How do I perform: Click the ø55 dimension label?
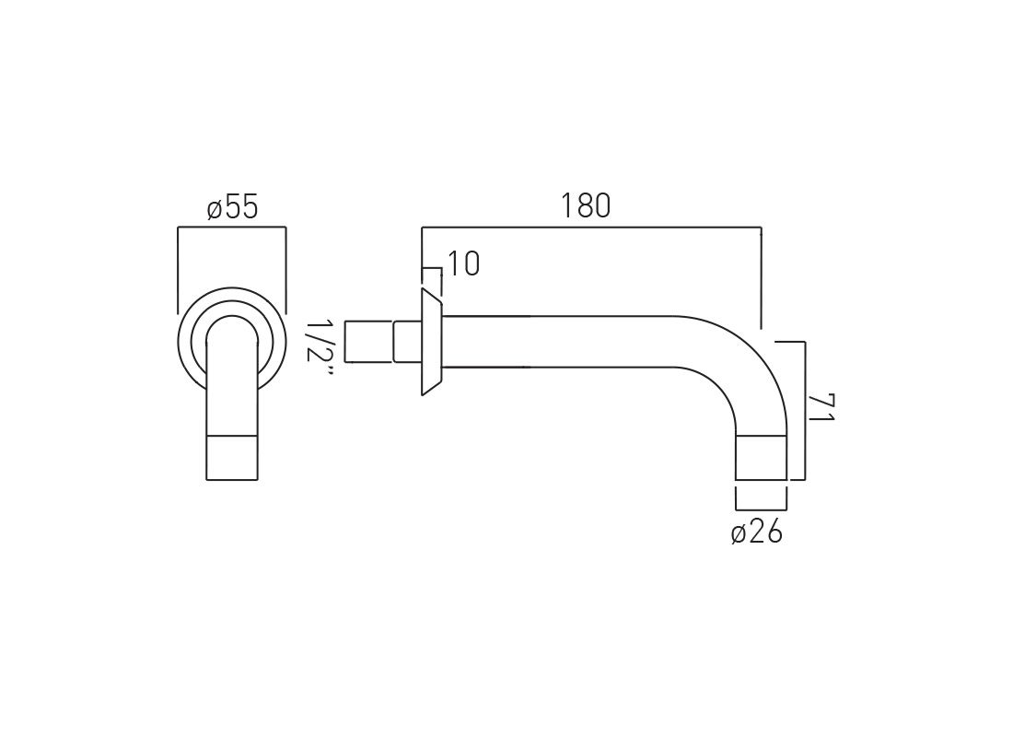tap(233, 208)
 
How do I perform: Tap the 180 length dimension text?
tap(586, 206)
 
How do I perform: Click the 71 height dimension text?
tap(821, 407)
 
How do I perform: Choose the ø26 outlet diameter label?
tap(756, 532)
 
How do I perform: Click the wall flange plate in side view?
tap(432, 342)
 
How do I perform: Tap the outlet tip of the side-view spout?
tap(761, 458)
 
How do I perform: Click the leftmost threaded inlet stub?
tap(369, 341)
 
